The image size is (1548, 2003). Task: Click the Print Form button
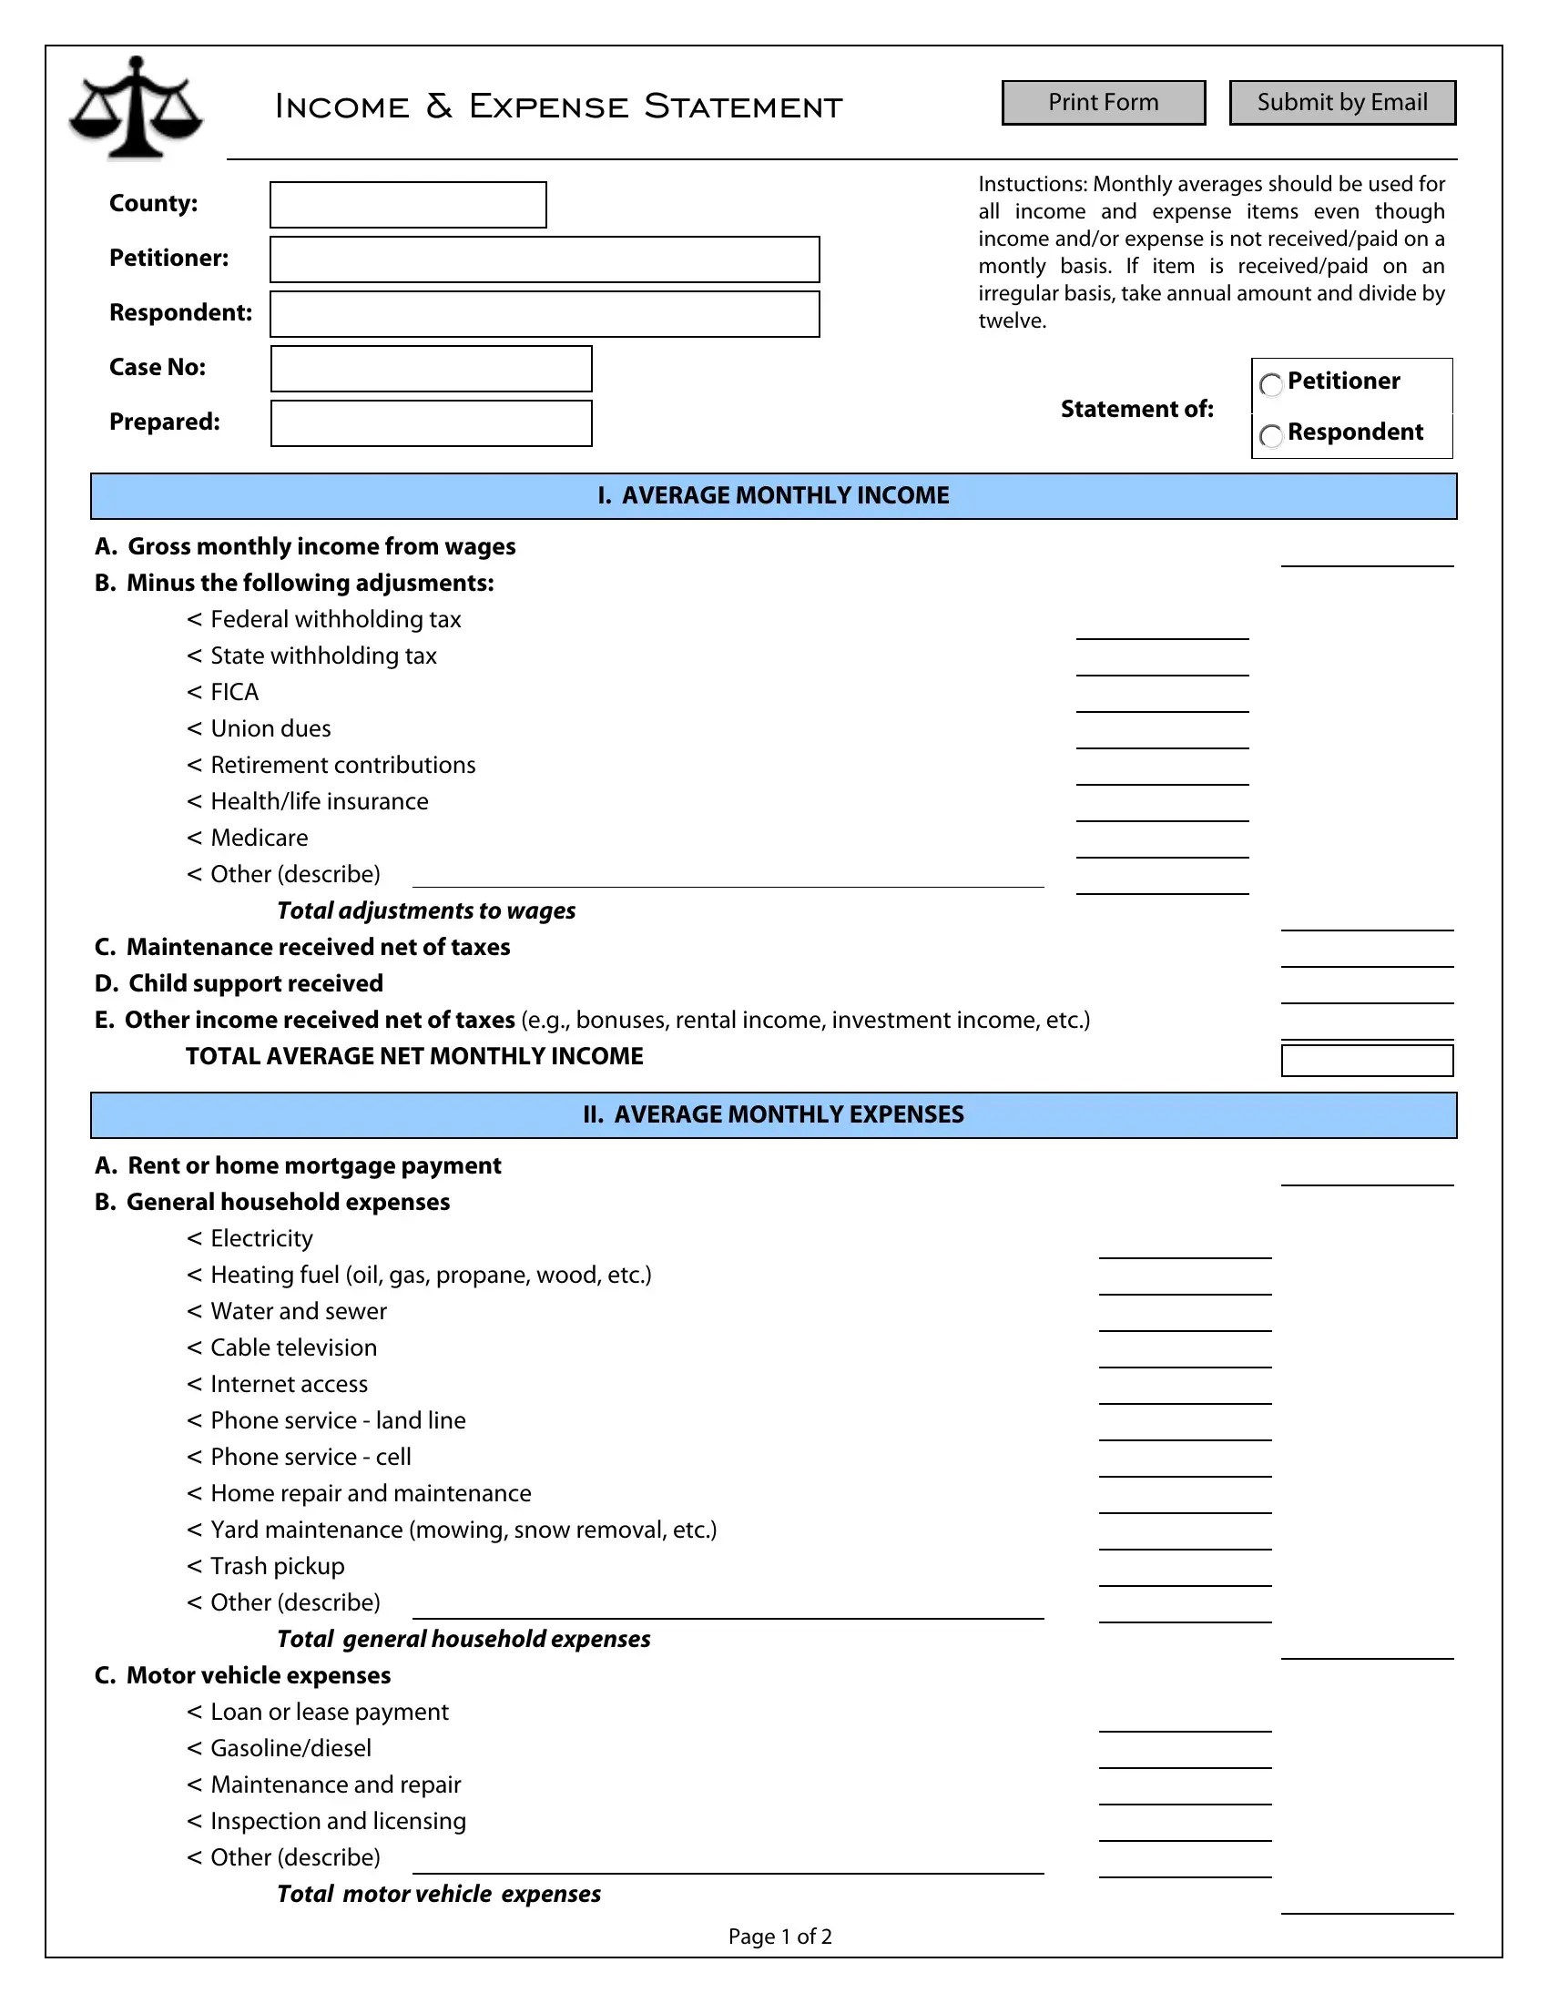click(1103, 103)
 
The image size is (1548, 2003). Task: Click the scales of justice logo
click(136, 107)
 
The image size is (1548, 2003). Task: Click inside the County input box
click(408, 205)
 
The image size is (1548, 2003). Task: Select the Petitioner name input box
click(545, 259)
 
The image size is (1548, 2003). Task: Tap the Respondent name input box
click(545, 315)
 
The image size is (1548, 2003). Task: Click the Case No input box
click(431, 369)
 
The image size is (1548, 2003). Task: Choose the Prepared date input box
click(431, 423)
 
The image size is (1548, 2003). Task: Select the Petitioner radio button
click(1271, 384)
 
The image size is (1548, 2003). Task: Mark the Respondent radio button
click(1271, 435)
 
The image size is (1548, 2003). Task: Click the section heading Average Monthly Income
click(773, 496)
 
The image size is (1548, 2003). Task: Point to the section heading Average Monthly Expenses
click(773, 1115)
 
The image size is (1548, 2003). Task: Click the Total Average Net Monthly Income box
click(1367, 1061)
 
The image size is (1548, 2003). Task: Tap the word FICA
click(235, 693)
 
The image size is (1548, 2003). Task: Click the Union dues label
click(270, 729)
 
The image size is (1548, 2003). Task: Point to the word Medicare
click(260, 839)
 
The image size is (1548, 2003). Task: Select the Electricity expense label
click(261, 1239)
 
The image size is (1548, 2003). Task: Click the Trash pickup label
click(277, 1567)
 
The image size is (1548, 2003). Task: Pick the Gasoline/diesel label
click(290, 1749)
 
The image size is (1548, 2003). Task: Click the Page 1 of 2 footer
click(779, 1937)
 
